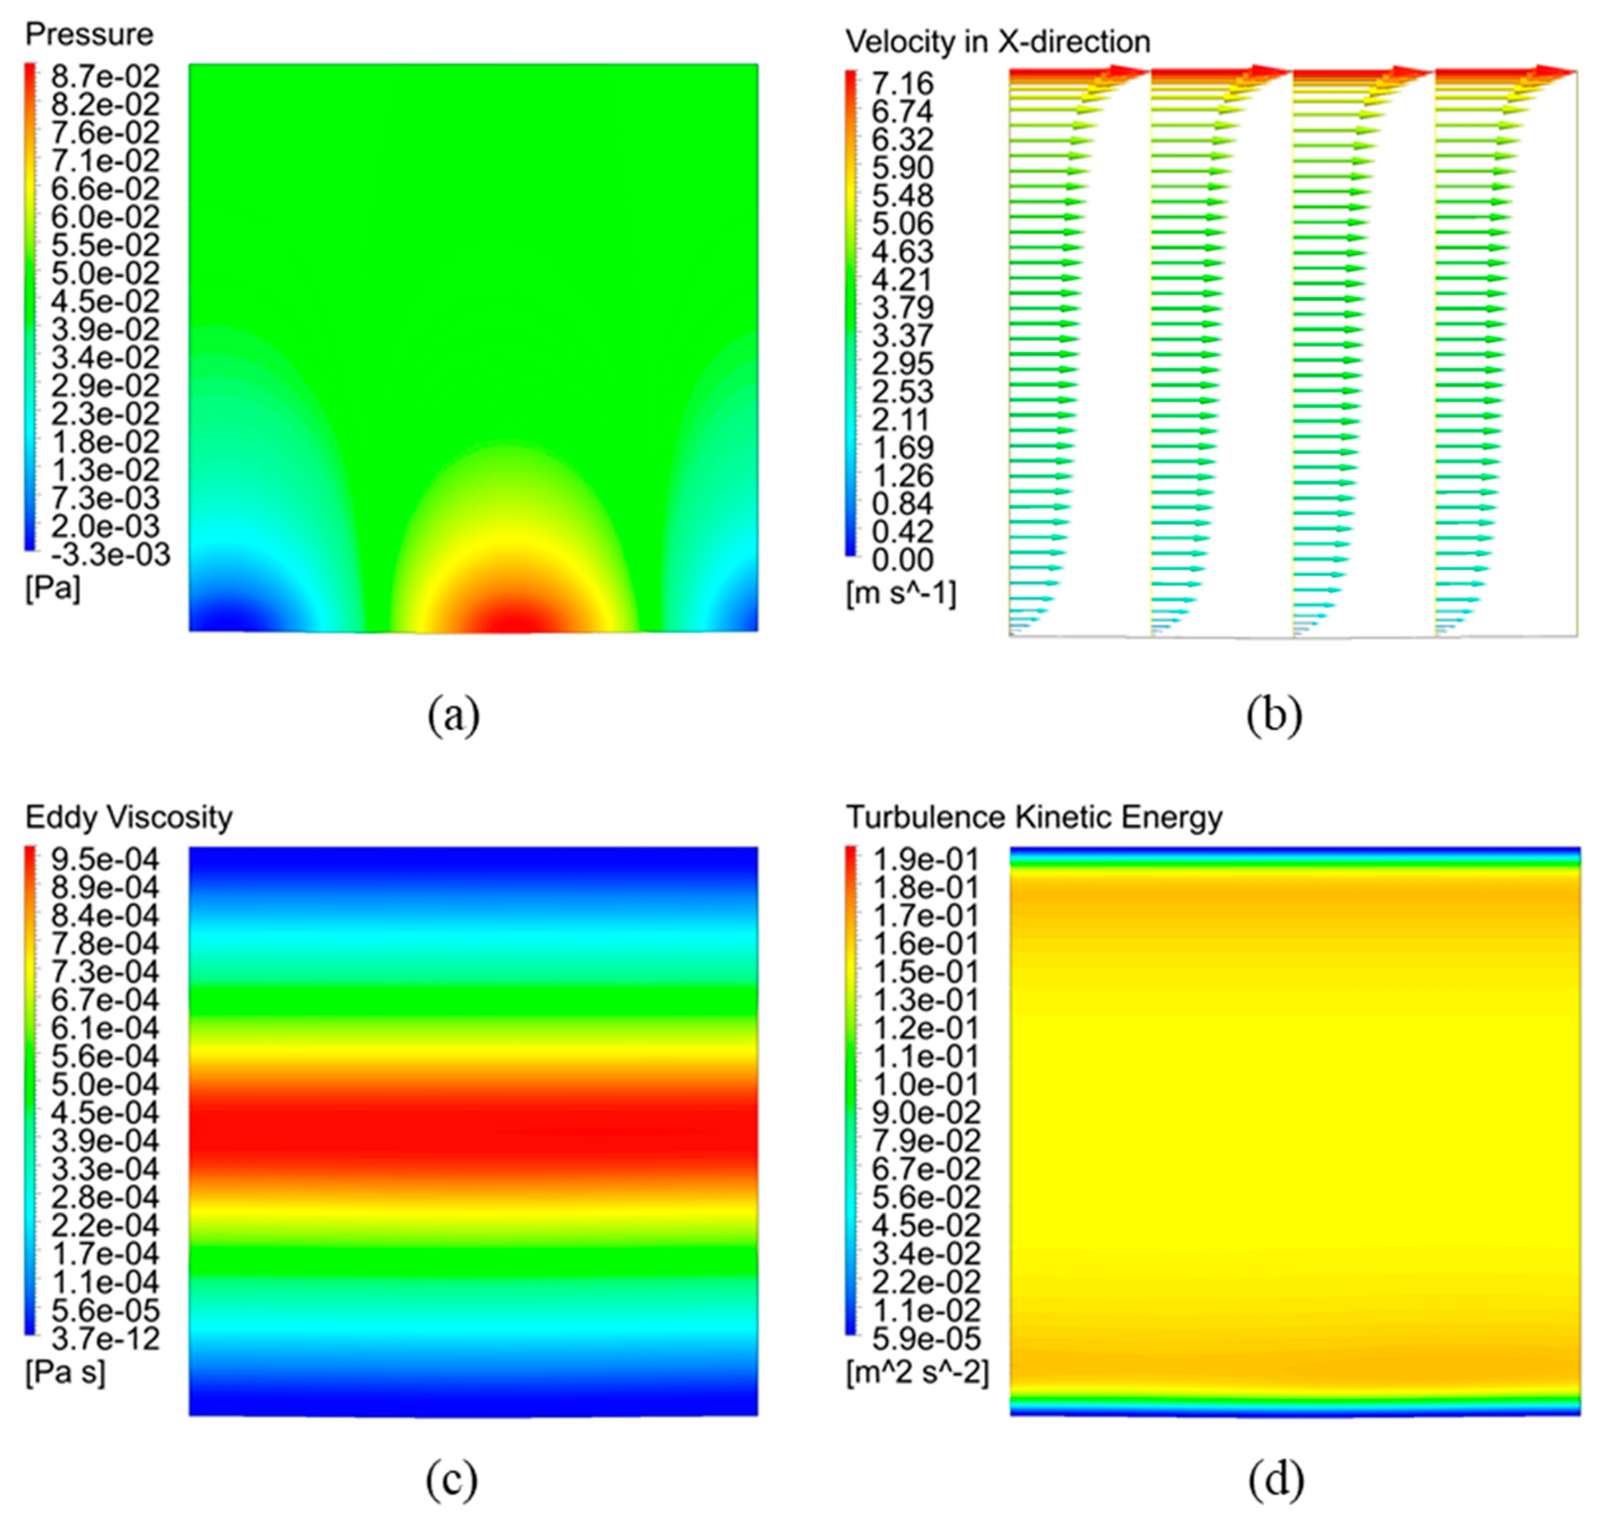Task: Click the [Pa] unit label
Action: point(53,588)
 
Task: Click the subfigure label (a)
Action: point(453,716)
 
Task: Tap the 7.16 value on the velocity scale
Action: point(902,83)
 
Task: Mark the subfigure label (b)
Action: point(1274,716)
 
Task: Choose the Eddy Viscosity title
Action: point(129,817)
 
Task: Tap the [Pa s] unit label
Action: point(65,1372)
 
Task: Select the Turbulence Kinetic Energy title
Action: point(1034,817)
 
